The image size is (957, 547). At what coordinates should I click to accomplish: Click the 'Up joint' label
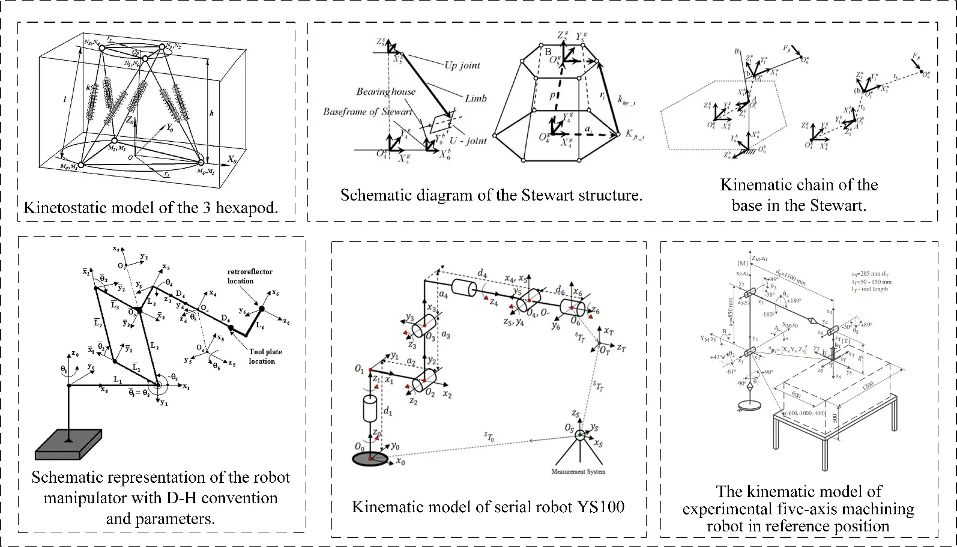(462, 65)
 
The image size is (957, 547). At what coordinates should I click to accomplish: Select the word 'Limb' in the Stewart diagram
(475, 98)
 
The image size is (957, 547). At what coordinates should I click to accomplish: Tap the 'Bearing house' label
(385, 92)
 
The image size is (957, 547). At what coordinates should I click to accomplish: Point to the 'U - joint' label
(468, 140)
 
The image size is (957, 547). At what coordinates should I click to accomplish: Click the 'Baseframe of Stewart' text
(367, 112)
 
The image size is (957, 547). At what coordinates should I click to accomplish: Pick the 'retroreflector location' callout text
(250, 276)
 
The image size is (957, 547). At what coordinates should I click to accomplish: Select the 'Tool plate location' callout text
(265, 357)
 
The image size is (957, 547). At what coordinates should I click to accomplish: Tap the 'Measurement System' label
(578, 471)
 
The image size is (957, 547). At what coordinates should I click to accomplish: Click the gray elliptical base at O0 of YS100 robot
(370, 459)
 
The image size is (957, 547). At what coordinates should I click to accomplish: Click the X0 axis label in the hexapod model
(232, 160)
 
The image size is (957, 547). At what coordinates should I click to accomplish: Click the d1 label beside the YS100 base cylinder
(388, 412)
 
